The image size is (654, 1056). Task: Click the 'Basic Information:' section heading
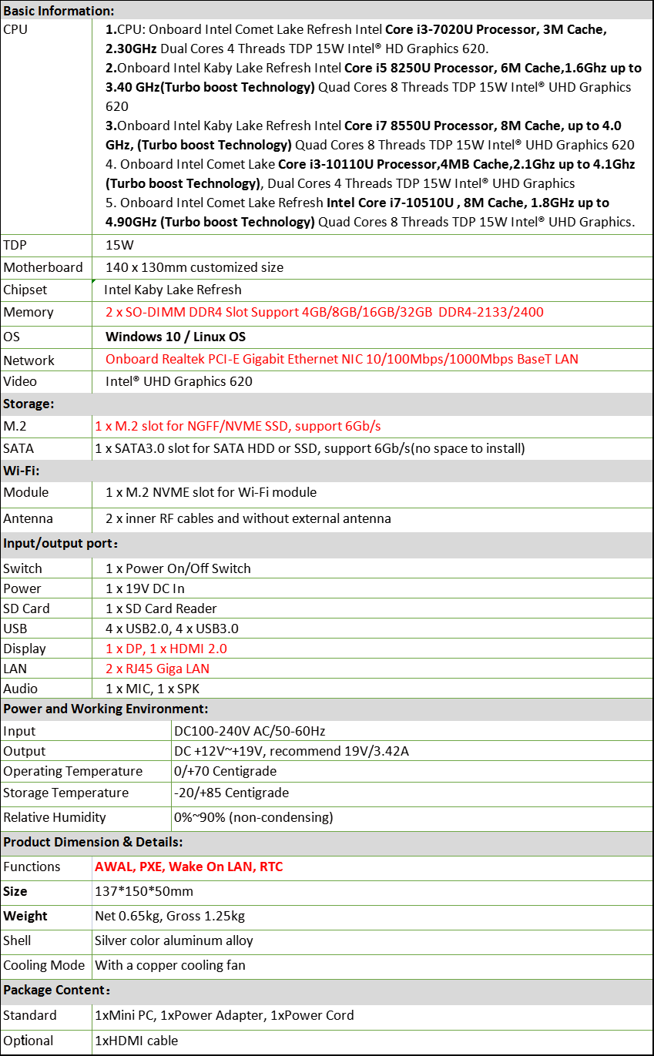(x=59, y=11)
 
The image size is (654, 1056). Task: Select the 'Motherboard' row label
(x=43, y=267)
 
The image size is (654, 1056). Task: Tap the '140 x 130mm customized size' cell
(x=194, y=267)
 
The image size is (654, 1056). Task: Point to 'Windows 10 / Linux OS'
(x=176, y=337)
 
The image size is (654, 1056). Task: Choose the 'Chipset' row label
(x=25, y=290)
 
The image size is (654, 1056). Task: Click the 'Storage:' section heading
(x=29, y=404)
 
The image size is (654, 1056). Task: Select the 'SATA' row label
(x=18, y=448)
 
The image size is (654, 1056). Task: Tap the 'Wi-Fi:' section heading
(x=22, y=470)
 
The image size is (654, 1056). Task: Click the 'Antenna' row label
(x=29, y=518)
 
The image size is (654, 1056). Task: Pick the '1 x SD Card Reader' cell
(x=161, y=608)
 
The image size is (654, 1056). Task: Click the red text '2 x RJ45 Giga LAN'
(x=157, y=669)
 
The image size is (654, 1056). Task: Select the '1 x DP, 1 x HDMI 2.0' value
(x=166, y=649)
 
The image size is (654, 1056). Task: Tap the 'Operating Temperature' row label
(x=73, y=771)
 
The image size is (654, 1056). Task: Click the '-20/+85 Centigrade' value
(x=232, y=793)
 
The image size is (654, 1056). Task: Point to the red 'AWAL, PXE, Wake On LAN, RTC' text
(x=189, y=867)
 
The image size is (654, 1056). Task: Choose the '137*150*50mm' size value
(x=144, y=891)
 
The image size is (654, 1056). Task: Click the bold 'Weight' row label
(x=25, y=916)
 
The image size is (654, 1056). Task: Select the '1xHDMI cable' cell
(x=136, y=1041)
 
